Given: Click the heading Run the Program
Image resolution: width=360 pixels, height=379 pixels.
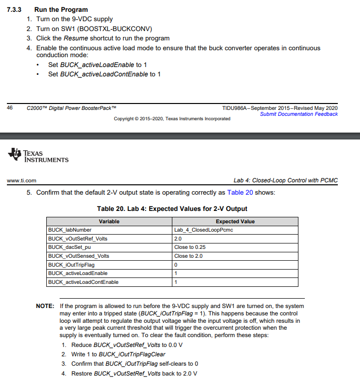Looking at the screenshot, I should [61, 9].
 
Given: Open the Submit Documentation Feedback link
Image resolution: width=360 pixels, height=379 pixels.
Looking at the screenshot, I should [298, 114].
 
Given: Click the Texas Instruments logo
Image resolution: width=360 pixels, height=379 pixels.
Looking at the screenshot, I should [38, 155].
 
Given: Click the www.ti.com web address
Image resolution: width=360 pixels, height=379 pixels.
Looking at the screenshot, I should [21, 180].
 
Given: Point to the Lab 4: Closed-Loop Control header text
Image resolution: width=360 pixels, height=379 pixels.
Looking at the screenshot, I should [286, 180].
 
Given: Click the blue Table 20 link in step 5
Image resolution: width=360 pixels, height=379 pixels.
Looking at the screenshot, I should [240, 192].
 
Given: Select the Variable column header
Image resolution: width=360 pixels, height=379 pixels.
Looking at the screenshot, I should [109, 221].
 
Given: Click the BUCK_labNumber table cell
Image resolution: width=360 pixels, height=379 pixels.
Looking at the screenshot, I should [69, 230].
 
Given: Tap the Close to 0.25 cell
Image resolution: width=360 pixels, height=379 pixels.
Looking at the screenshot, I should [190, 247].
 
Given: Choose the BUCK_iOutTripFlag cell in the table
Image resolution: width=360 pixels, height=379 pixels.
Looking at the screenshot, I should [71, 265].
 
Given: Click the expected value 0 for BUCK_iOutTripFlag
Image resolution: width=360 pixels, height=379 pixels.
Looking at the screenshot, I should [176, 265].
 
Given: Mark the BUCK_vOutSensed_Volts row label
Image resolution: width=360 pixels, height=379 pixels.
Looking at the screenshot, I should [78, 256].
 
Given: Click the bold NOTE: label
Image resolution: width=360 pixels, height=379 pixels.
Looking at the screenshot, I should [45, 306].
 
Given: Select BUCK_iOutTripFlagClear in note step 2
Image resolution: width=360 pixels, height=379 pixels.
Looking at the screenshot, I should [132, 354].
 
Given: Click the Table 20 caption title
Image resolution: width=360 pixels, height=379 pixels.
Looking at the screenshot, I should [172, 208].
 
